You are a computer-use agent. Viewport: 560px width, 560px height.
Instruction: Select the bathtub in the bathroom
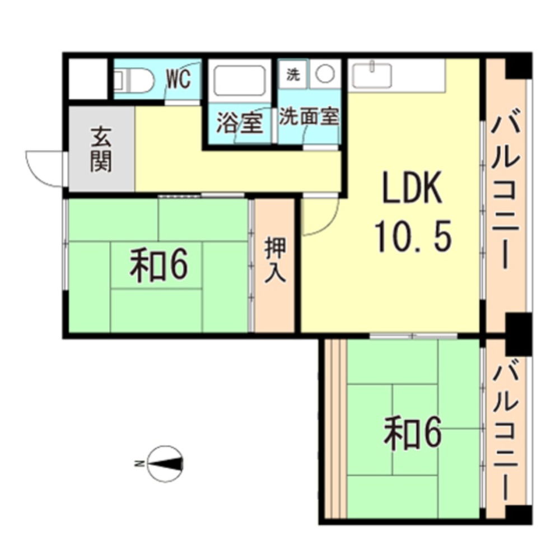[x=240, y=82]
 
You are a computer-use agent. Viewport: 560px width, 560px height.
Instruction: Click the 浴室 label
[x=240, y=123]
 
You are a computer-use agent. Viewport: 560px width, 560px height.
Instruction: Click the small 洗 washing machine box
[x=293, y=74]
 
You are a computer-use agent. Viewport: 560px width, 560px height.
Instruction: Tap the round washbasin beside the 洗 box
[x=324, y=74]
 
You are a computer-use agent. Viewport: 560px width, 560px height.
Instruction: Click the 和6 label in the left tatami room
[x=158, y=265]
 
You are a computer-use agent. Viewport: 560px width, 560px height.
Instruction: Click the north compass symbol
[x=165, y=463]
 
